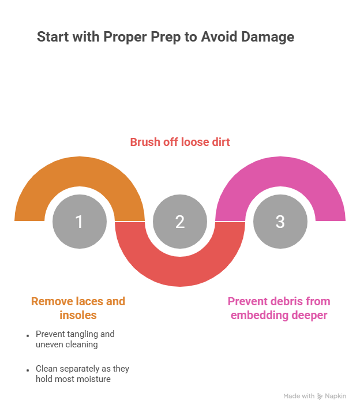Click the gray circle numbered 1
click(x=80, y=222)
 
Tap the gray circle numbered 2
click(x=180, y=222)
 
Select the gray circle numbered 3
click(x=280, y=222)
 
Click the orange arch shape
click(x=80, y=171)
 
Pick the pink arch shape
click(x=280, y=171)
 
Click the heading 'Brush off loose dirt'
click(x=180, y=142)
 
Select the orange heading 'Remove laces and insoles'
click(x=78, y=308)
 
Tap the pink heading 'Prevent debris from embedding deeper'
click(x=279, y=308)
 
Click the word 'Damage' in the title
click(x=268, y=36)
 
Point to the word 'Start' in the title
click(x=53, y=36)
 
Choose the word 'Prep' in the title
click(x=166, y=37)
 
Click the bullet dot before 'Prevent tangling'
click(x=28, y=335)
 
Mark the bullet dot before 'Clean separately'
click(x=28, y=370)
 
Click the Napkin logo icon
click(x=320, y=396)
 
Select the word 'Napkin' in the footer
click(x=336, y=396)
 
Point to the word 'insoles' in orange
click(x=78, y=315)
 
